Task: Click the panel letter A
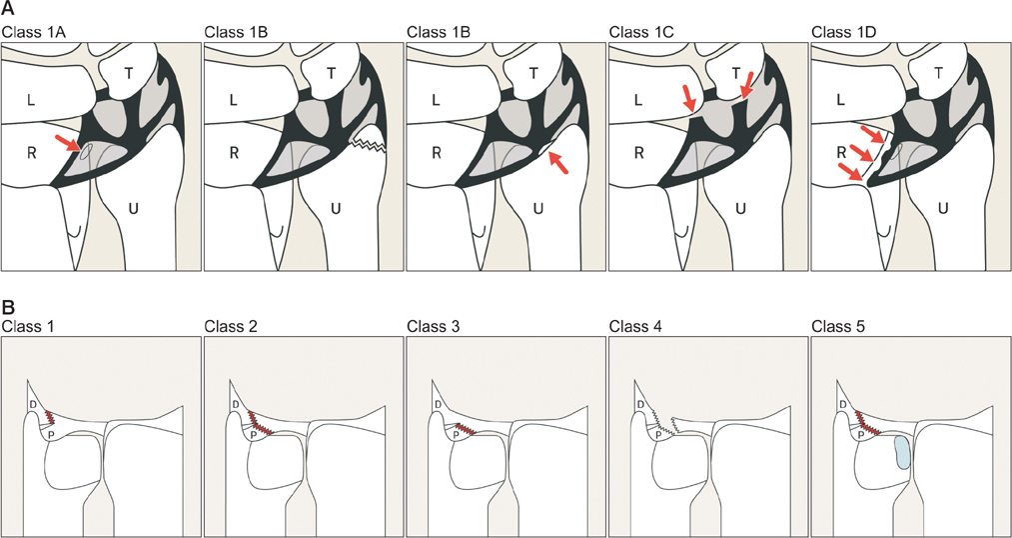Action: coord(7,9)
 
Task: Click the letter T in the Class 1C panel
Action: coord(736,72)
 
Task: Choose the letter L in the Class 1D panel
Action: coord(840,99)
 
